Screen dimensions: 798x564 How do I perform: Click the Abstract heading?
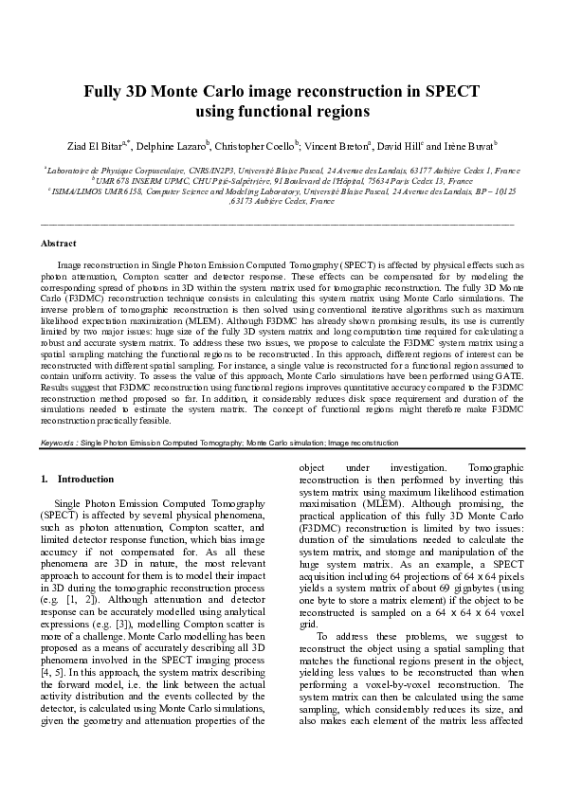(60, 244)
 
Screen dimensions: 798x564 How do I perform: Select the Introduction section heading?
(85, 480)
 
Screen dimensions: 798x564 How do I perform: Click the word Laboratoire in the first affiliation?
(70, 170)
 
